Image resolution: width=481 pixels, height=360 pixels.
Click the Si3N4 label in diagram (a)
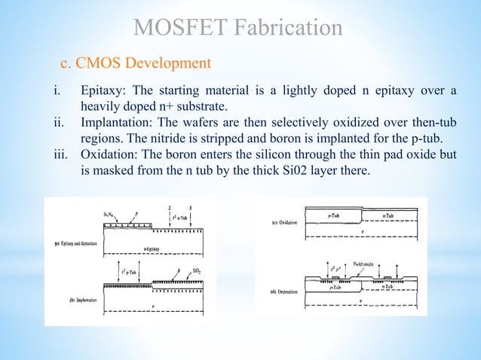110,215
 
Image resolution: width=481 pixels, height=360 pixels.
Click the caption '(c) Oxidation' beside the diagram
284,223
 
